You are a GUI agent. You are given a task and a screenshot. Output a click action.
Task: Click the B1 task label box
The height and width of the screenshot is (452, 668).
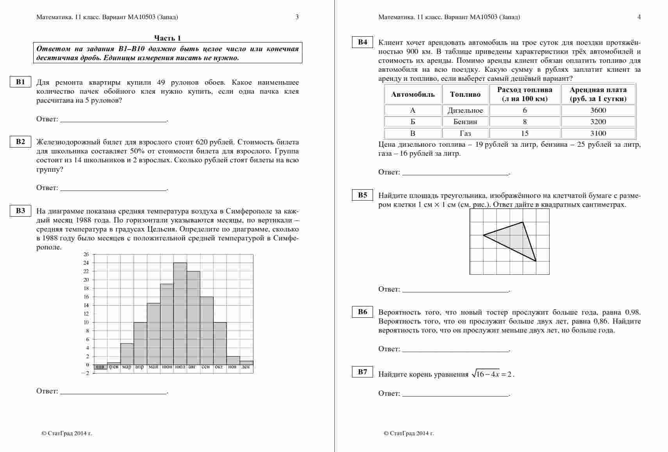[20, 82]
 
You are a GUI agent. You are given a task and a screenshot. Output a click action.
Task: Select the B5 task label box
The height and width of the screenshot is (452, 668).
[363, 195]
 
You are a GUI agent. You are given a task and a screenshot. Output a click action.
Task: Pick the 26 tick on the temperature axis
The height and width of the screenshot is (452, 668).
[86, 254]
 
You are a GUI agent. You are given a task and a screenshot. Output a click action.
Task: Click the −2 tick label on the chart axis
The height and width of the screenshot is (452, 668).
[85, 374]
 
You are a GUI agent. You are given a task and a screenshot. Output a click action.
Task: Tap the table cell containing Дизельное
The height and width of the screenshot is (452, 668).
[465, 110]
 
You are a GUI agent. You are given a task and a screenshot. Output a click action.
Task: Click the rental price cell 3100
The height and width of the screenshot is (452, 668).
[598, 133]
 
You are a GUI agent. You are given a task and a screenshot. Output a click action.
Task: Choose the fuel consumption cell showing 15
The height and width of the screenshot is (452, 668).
[525, 133]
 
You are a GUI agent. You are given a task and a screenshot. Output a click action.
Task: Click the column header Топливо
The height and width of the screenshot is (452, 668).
[465, 94]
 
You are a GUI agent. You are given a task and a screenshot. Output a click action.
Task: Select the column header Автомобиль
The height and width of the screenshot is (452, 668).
[413, 94]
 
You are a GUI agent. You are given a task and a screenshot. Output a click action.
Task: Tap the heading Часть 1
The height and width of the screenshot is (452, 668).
[168, 38]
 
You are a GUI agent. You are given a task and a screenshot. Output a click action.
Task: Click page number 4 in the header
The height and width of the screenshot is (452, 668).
[639, 17]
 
